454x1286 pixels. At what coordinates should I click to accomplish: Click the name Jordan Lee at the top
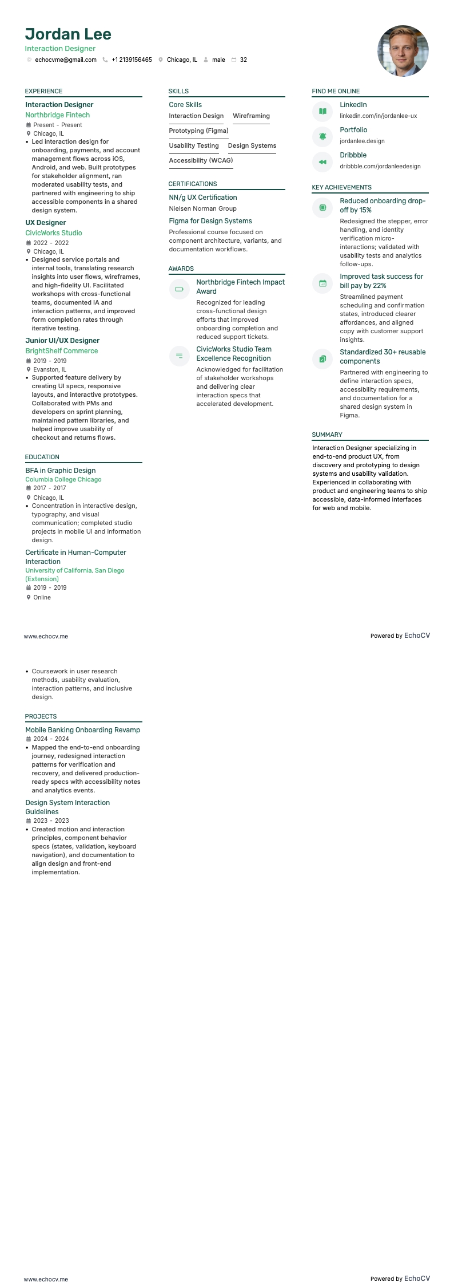68,34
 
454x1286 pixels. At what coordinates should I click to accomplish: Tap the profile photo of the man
403,51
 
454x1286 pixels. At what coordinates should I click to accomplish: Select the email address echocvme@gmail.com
65,60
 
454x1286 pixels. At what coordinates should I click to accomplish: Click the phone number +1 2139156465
132,60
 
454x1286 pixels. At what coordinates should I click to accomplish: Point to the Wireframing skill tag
251,116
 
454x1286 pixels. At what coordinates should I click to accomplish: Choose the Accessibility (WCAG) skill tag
201,160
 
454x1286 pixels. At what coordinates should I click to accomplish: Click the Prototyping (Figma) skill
198,131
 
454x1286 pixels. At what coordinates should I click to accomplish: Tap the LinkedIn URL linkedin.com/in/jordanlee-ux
378,116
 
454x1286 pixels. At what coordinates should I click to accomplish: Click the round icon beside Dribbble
322,162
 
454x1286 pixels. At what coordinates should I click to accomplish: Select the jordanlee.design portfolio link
362,141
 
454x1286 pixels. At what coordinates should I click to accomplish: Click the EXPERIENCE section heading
43,91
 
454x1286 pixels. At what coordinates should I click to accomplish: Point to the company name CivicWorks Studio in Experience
54,233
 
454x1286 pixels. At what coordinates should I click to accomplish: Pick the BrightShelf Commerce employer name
62,351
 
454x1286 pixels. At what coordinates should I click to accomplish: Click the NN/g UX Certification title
202,198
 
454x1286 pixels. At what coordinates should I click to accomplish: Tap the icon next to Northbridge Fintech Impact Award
179,289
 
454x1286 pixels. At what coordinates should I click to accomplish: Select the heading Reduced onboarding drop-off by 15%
382,206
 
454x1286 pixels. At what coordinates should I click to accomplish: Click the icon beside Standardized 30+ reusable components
322,359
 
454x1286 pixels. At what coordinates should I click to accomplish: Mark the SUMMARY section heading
327,435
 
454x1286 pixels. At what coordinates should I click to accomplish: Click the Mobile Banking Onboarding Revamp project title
82,730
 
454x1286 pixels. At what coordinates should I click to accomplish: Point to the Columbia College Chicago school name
63,479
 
